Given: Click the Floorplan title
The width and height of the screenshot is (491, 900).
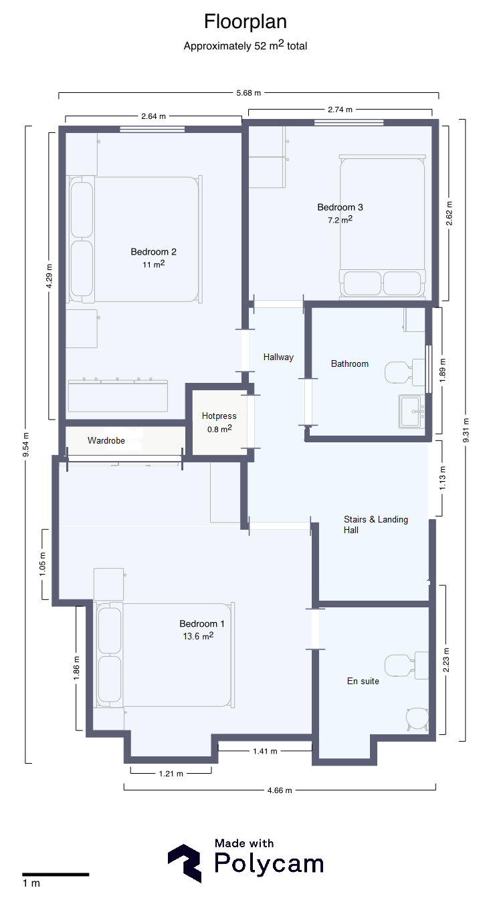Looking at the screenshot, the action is tap(246, 21).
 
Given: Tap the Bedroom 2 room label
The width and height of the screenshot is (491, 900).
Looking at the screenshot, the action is tap(154, 252).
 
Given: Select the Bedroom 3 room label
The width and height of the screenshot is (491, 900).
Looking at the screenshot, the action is tap(340, 207).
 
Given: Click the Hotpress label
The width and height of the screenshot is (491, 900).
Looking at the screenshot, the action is tap(219, 416).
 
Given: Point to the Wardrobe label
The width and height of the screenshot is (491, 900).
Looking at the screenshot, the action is tap(106, 441).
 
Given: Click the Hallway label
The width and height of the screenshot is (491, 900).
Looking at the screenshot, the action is tap(278, 357).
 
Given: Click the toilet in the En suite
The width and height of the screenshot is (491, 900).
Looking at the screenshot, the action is tap(406, 665).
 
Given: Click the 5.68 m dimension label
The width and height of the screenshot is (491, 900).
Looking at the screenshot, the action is tap(249, 94).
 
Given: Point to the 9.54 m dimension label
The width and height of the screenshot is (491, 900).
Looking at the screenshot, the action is tap(26, 444).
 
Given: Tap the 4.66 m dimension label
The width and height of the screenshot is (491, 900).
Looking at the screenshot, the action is tap(280, 790).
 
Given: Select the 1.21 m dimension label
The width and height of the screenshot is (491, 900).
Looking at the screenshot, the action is tap(171, 774).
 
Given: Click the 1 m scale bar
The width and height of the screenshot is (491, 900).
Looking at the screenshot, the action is tap(56, 875).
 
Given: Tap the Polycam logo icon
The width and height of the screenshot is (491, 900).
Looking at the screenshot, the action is tap(185, 863).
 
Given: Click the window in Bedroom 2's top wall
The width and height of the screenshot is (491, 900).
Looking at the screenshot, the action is tap(153, 130).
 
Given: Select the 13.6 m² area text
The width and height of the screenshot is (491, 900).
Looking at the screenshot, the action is tap(198, 636).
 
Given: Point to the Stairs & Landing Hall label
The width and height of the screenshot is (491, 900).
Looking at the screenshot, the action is tap(375, 524).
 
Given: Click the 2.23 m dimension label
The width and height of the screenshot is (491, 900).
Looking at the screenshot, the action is tap(446, 659).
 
